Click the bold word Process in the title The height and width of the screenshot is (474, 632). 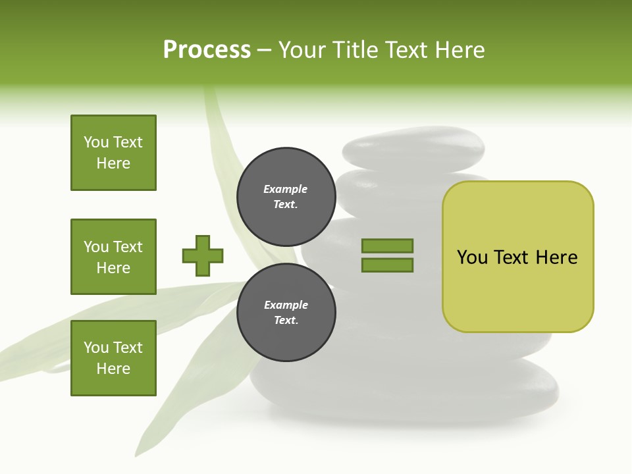207,50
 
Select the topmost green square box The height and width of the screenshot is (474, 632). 113,153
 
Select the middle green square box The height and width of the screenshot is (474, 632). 113,257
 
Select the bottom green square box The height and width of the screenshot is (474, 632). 113,358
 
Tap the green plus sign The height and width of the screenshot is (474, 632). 203,256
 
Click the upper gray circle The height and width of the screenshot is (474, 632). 286,197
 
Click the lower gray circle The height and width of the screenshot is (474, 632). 286,313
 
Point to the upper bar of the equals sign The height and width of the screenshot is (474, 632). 387,246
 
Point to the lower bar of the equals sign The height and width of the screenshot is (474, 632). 387,265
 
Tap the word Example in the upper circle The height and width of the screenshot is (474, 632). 286,189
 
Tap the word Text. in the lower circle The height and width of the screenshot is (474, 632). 286,321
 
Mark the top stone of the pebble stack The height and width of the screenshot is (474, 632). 413,148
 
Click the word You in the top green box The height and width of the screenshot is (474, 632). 95,142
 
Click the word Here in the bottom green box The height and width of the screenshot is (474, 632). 113,369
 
